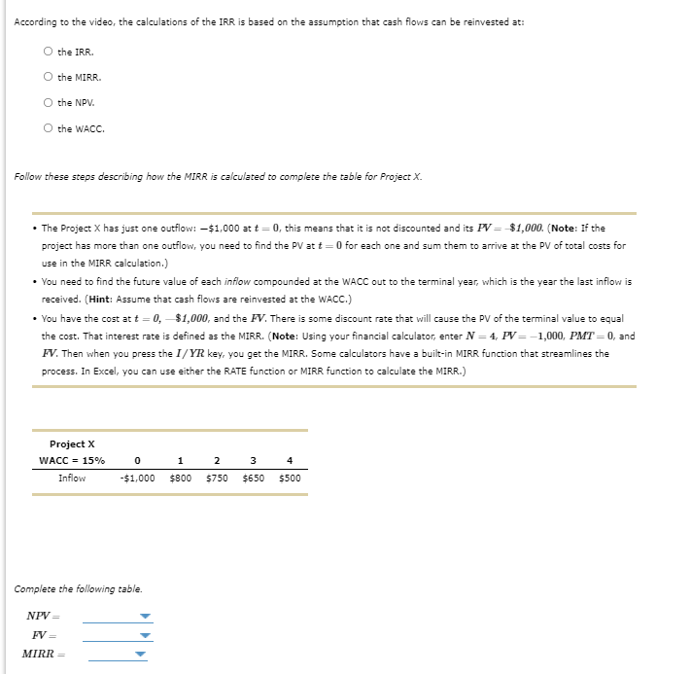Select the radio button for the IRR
[48, 52]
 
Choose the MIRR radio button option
[48, 77]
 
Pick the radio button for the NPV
[48, 102]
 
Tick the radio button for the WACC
[48, 127]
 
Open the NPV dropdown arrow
[145, 617]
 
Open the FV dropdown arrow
[145, 635]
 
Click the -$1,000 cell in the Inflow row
[137, 478]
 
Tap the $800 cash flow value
[180, 478]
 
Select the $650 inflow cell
[254, 478]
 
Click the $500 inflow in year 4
[290, 478]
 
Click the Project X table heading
[72, 443]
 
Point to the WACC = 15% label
[72, 460]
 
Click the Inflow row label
[72, 478]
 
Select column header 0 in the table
[137, 460]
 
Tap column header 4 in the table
[290, 460]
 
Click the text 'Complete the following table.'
[78, 588]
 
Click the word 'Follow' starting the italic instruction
[26, 176]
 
